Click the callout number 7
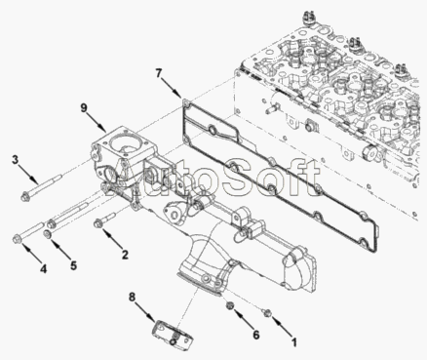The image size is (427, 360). tap(158, 73)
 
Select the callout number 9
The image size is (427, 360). tap(84, 107)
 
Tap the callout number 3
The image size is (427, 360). tap(16, 160)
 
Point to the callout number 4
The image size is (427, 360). tap(43, 269)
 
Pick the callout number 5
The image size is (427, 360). tap(74, 265)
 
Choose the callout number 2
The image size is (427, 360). tap(125, 255)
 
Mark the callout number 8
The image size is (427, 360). tap(132, 297)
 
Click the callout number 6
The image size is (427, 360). tap(256, 335)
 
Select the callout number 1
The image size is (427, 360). tap(294, 341)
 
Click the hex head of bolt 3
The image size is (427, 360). tap(24, 197)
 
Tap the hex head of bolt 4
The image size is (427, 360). tap(17, 239)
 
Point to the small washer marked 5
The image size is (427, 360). tap(47, 234)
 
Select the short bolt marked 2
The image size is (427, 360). tap(104, 220)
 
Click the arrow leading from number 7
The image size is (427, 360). tap(173, 89)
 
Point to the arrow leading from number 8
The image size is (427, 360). tap(146, 312)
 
